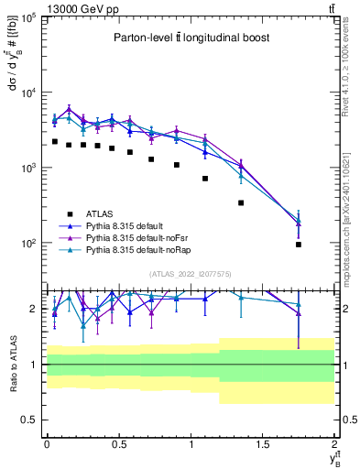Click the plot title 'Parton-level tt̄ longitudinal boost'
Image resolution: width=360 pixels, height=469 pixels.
coord(190,38)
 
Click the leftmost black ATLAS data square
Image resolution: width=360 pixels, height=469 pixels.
coord(55,142)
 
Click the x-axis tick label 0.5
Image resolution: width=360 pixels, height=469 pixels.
coord(118,443)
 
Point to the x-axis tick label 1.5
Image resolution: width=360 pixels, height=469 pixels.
coord(263,443)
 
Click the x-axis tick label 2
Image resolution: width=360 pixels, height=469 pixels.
coord(335,443)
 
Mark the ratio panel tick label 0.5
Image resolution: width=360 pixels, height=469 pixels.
coord(31,420)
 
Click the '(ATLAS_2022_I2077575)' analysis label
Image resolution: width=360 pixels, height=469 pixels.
coord(190,273)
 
